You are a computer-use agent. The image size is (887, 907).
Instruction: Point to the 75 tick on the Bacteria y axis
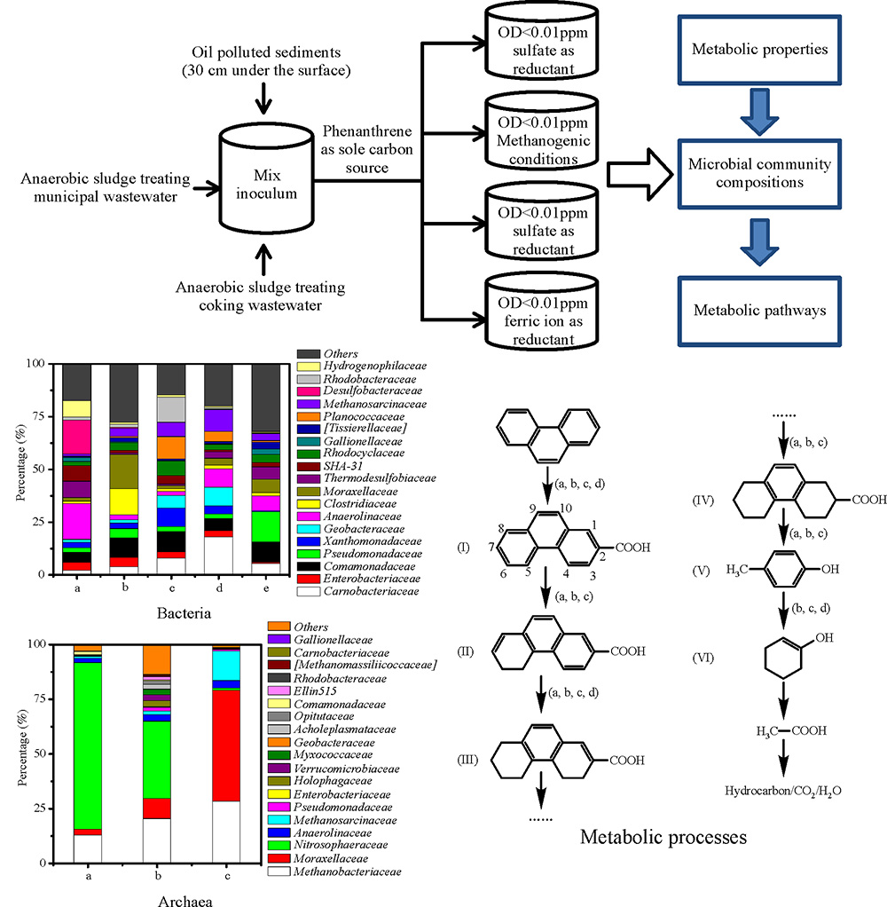(x=44, y=416)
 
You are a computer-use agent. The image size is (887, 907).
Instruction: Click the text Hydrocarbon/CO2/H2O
(x=782, y=791)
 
